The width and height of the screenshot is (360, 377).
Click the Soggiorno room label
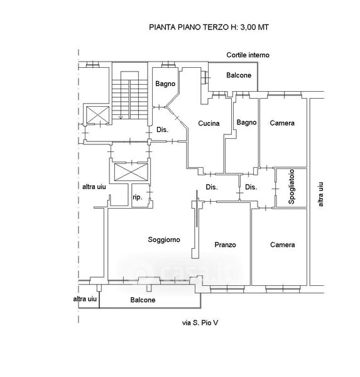(x=164, y=240)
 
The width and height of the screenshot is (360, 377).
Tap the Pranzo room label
(x=225, y=245)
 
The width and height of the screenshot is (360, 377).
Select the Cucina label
(x=209, y=123)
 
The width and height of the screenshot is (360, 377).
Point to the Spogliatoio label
(x=292, y=187)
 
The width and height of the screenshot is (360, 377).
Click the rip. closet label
(x=138, y=197)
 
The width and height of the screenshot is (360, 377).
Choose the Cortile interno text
(x=248, y=55)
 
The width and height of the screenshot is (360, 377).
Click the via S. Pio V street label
(x=200, y=323)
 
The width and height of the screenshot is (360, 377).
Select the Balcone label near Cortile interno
(x=239, y=75)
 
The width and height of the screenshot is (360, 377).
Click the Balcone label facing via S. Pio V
(x=143, y=300)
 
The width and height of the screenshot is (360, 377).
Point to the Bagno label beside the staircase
(x=165, y=84)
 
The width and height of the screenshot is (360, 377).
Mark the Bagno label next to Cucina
(x=246, y=123)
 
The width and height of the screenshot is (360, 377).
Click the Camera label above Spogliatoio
(x=282, y=123)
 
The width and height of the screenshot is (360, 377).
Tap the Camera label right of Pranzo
(x=283, y=245)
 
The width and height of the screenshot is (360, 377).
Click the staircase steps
(x=130, y=99)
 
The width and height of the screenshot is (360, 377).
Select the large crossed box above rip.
(x=131, y=172)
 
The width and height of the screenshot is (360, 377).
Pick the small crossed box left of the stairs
(x=97, y=115)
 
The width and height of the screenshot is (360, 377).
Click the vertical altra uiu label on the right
(x=320, y=194)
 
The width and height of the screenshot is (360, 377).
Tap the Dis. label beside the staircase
(x=162, y=130)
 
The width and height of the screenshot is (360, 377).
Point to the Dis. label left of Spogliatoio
(x=251, y=187)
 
